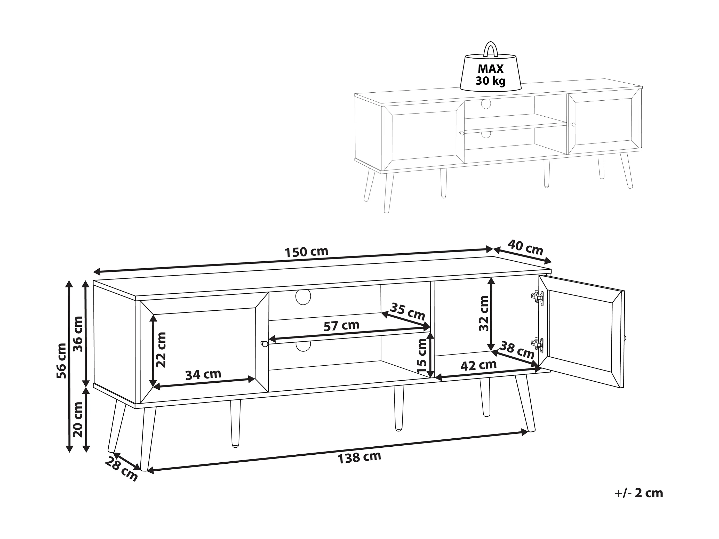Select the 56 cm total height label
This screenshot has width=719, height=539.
coord(61,361)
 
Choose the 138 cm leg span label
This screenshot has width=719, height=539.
coord(359,457)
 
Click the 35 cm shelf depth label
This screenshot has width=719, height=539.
coord(408,311)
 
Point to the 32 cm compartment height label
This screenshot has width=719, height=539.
coord(484,313)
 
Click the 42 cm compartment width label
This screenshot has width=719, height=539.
coord(478,365)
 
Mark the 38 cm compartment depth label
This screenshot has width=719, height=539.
coord(517,350)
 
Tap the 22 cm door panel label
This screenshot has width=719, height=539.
coord(161,350)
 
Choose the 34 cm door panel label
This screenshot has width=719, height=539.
coord(203,375)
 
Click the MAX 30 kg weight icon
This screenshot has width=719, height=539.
coord(491,71)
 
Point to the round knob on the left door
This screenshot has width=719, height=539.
coord(264,343)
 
